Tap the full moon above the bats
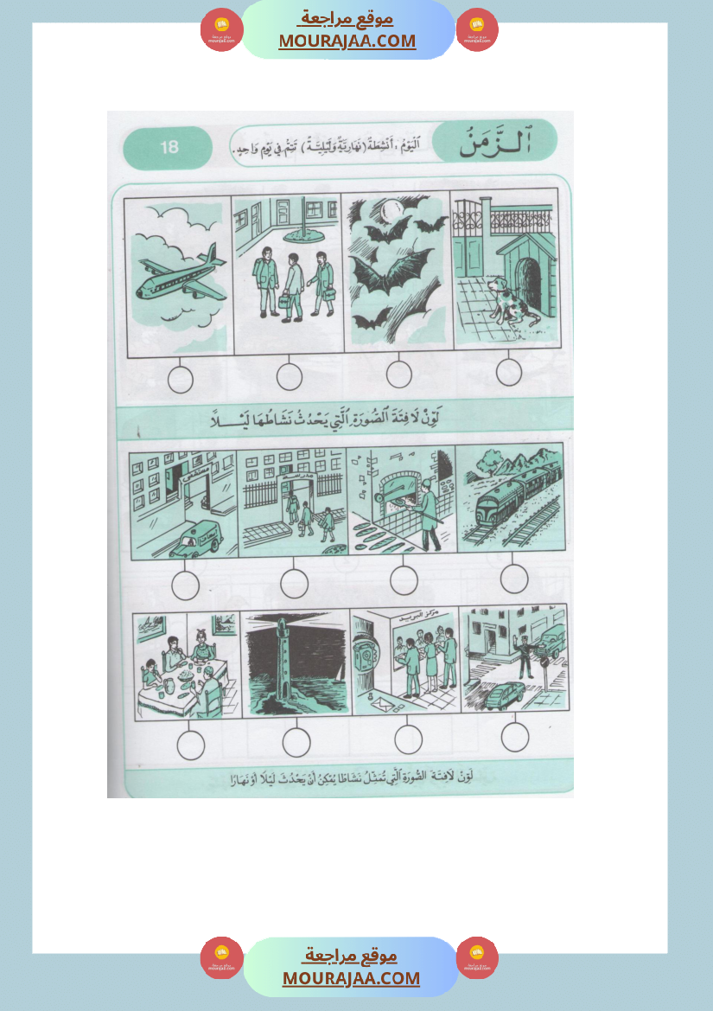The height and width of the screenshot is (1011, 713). pos(394,208)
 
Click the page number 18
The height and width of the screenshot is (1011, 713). pos(169,147)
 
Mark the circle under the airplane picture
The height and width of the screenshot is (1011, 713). pos(180,379)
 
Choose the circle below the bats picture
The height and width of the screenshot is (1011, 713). pos(398,374)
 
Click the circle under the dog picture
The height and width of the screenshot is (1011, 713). pos(509,372)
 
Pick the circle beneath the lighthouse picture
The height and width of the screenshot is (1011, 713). pos(296,742)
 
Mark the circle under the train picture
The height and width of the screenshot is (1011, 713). pos(514,579)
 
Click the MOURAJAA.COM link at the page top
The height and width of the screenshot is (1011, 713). pos(347,41)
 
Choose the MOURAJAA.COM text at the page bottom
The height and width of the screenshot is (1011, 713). pos(351,978)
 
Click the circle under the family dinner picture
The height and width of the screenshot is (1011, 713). pos(190,745)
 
